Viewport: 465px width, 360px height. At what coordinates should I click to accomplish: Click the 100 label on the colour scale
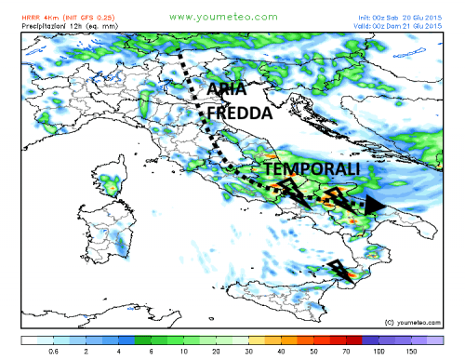click(379, 352)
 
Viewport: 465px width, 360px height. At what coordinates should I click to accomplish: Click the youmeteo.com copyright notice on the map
click(412, 322)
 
